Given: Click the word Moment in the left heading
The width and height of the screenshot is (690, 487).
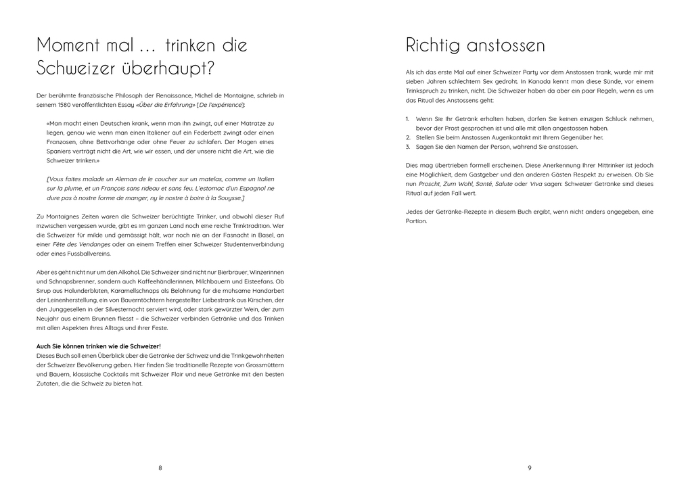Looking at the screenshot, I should coord(65,46).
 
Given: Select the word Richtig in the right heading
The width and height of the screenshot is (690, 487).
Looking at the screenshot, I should coord(430,46).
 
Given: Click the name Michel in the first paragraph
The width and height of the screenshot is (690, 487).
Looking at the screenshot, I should coord(189,95).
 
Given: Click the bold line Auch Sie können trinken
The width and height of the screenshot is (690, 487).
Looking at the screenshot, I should coord(98,346).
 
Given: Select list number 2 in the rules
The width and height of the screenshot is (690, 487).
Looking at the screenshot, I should coord(408,137).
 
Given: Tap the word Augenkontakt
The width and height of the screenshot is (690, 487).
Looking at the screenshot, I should coord(499,137).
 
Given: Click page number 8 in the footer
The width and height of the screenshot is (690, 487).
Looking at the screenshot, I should coord(160,467).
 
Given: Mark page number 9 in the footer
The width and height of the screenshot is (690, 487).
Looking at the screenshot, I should coord(530,467).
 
